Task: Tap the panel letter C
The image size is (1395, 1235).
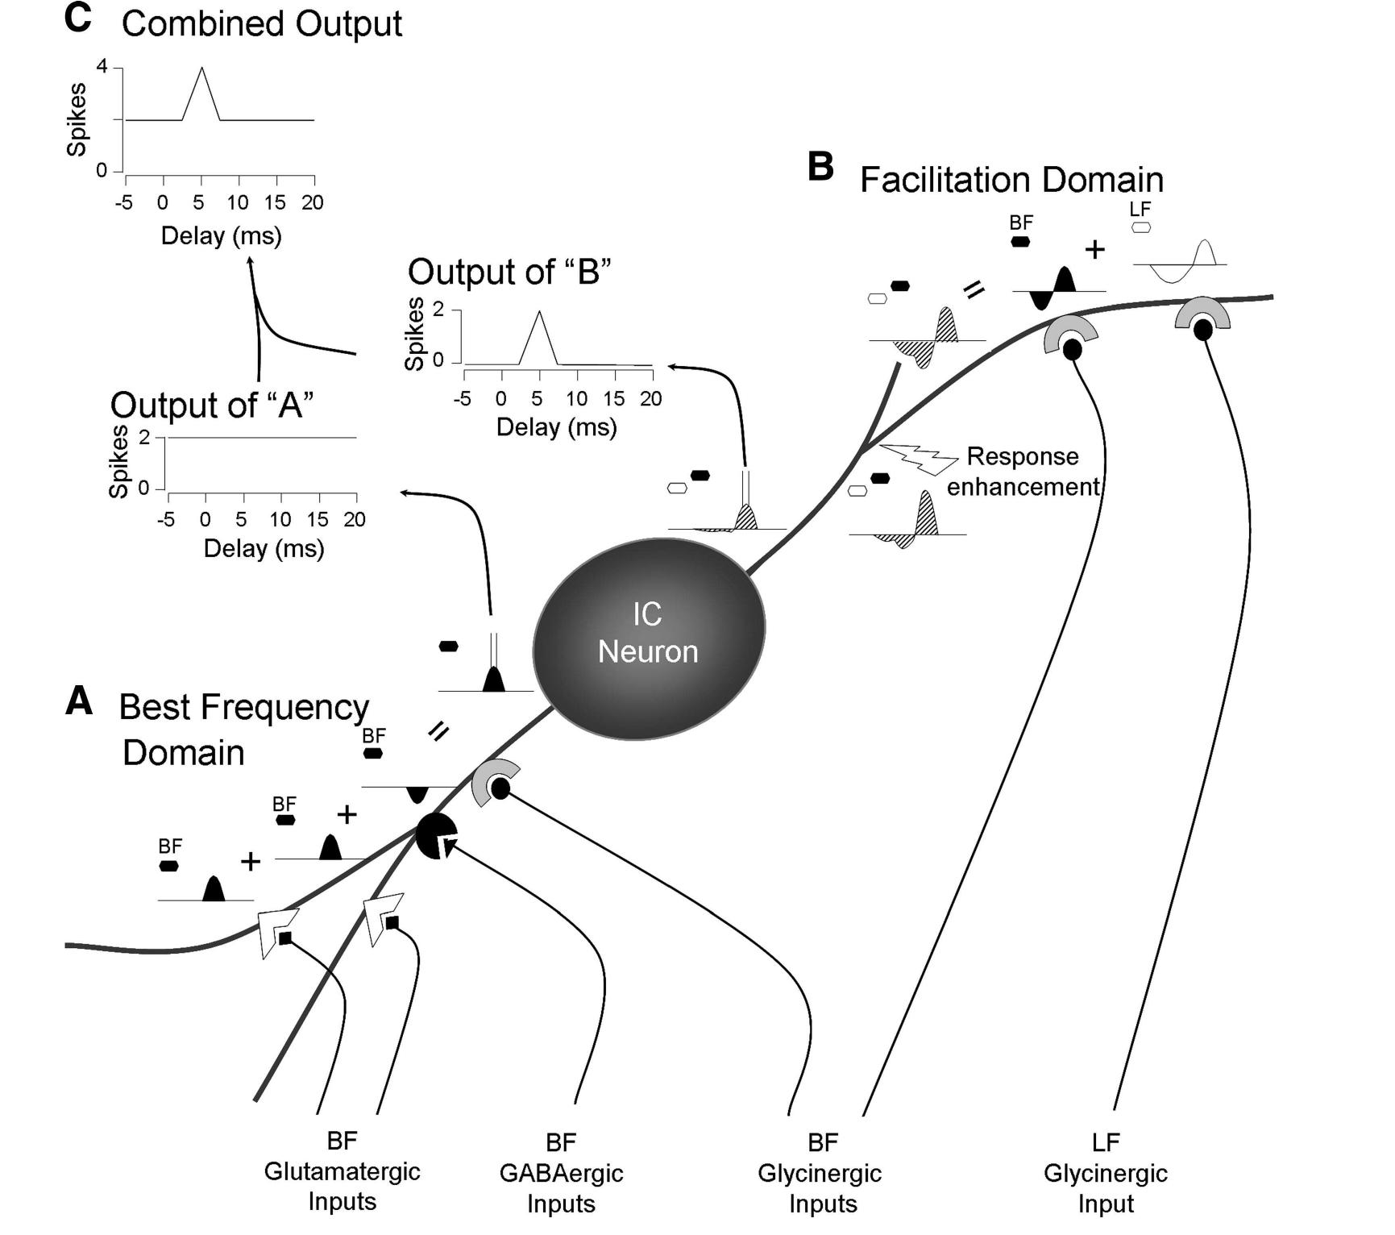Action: (x=78, y=19)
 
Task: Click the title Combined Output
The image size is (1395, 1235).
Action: (x=261, y=23)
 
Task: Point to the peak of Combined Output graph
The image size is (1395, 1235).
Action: (x=201, y=69)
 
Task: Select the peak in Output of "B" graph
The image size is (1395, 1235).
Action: (x=539, y=313)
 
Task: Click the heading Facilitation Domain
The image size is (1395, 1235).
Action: (x=1011, y=179)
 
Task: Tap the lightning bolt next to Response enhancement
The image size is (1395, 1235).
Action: (x=918, y=458)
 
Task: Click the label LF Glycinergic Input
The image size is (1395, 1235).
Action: (x=1105, y=1172)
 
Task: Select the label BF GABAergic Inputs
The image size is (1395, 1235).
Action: (x=561, y=1172)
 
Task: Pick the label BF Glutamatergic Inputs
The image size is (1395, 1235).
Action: (x=342, y=1171)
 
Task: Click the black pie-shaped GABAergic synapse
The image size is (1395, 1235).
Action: (x=435, y=835)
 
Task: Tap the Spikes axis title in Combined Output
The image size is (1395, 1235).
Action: (x=77, y=119)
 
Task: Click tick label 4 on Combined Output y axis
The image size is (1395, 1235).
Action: (x=102, y=67)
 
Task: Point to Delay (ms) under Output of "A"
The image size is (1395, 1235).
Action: (x=264, y=548)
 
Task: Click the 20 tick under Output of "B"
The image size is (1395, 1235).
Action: (x=650, y=398)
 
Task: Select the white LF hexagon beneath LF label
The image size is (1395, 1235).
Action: (x=1140, y=227)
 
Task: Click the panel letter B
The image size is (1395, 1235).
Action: (x=820, y=167)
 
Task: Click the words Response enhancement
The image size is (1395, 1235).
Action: (x=1023, y=472)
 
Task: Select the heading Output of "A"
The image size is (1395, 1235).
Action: (x=212, y=405)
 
